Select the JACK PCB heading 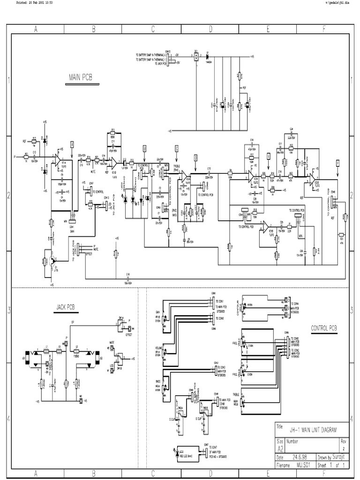66,307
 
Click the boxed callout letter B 145,148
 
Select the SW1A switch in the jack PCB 121,323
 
